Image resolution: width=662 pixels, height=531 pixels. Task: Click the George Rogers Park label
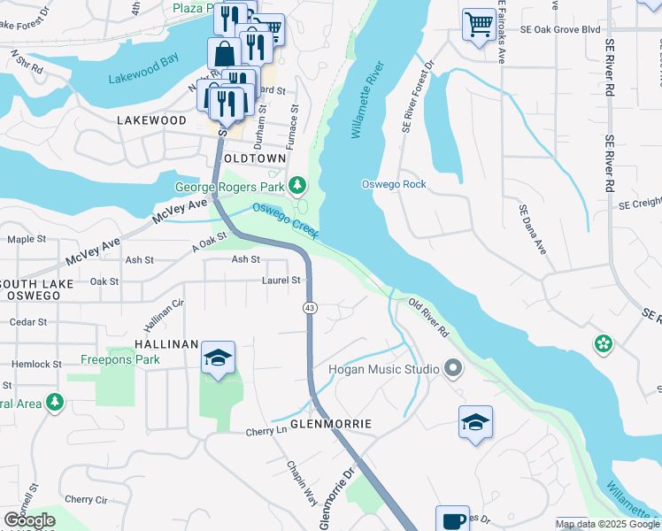click(229, 187)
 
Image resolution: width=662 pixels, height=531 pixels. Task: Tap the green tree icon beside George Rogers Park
click(298, 186)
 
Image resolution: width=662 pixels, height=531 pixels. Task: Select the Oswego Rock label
click(394, 184)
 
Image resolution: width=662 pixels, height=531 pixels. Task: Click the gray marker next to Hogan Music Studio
click(454, 367)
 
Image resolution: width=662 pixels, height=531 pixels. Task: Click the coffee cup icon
click(452, 520)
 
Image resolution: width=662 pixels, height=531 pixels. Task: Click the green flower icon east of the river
click(604, 343)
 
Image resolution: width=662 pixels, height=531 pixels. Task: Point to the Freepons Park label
click(120, 359)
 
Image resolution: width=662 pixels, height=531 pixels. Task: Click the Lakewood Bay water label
click(142, 78)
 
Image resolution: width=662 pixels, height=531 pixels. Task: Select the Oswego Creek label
click(284, 220)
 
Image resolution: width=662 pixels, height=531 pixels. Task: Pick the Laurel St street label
click(281, 281)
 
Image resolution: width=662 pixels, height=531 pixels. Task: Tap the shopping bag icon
click(225, 52)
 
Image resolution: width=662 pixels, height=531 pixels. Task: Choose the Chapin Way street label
click(302, 482)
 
